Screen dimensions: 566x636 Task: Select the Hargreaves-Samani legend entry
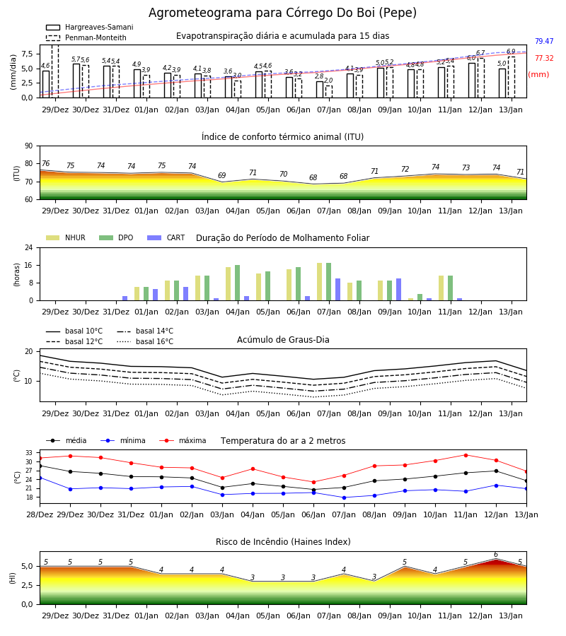[x=90, y=27]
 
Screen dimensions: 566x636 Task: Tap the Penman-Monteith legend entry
[x=86, y=37]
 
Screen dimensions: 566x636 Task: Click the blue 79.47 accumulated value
[x=544, y=42]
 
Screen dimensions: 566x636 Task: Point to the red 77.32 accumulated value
[x=544, y=59]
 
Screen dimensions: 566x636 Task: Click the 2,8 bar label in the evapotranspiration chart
[x=319, y=76]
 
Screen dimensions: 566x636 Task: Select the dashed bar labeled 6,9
[x=512, y=77]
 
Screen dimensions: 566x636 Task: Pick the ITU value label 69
[x=221, y=176]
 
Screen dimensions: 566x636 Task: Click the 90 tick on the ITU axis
[x=29, y=146]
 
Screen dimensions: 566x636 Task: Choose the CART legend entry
[x=166, y=237]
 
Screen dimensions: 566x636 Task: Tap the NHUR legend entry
[x=66, y=237]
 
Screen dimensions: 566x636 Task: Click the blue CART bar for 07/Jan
[x=337, y=290]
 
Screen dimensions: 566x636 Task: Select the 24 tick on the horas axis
[x=29, y=247]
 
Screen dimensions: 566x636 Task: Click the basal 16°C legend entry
[x=145, y=341]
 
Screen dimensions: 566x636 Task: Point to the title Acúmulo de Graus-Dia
[x=283, y=340]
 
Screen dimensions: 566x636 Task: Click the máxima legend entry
[x=183, y=440]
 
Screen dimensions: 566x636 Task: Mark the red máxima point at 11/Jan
[x=466, y=455]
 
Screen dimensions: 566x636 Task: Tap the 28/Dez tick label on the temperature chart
[x=40, y=514]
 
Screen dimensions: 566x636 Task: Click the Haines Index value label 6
[x=496, y=555]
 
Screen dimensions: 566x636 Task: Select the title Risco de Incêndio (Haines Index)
[x=283, y=542]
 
